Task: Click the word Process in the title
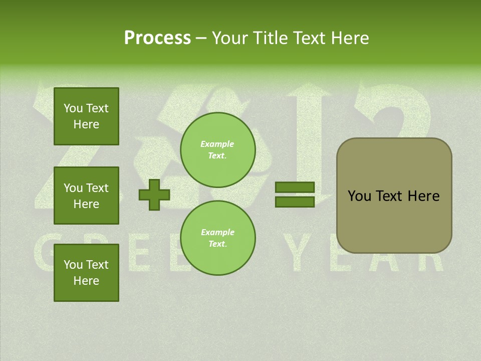point(157,38)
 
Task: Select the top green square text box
point(86,116)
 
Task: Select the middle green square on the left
point(86,196)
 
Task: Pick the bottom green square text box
point(86,272)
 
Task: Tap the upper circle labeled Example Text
point(217,149)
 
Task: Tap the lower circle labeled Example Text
point(217,238)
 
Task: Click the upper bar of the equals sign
point(295,188)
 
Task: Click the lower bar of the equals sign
point(295,202)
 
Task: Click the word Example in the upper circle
point(217,144)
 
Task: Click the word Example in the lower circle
point(217,232)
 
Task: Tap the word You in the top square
point(73,108)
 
